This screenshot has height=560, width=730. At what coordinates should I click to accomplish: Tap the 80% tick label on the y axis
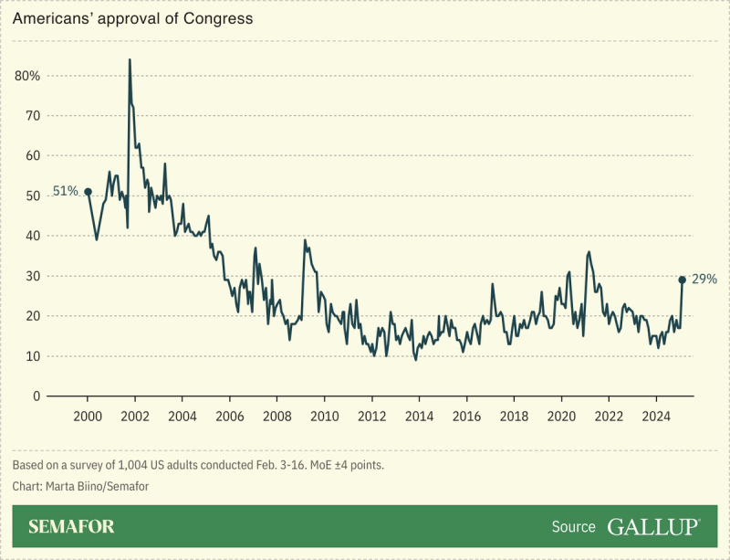click(x=28, y=76)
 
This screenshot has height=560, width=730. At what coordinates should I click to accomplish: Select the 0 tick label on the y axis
click(x=37, y=396)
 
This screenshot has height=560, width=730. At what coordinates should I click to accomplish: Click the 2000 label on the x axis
click(x=88, y=417)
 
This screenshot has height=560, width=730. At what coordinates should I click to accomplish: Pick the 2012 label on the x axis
click(x=371, y=417)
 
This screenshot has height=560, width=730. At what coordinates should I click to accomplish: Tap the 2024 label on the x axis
click(x=656, y=417)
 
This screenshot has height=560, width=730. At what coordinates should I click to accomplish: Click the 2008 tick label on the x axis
click(x=277, y=417)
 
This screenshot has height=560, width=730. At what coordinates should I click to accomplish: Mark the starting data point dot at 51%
click(x=88, y=192)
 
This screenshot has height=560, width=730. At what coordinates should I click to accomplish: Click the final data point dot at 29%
click(x=682, y=280)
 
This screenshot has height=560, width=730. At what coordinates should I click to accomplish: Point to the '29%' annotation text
click(x=704, y=280)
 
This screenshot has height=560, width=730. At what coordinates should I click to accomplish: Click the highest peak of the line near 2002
click(x=130, y=60)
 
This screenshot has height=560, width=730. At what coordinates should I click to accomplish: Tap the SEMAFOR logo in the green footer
click(x=71, y=527)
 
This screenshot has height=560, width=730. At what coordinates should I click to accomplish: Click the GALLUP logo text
click(x=653, y=527)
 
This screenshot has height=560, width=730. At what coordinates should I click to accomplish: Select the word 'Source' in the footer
click(x=574, y=527)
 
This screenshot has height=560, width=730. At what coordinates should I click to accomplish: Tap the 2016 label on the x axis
click(x=466, y=417)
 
